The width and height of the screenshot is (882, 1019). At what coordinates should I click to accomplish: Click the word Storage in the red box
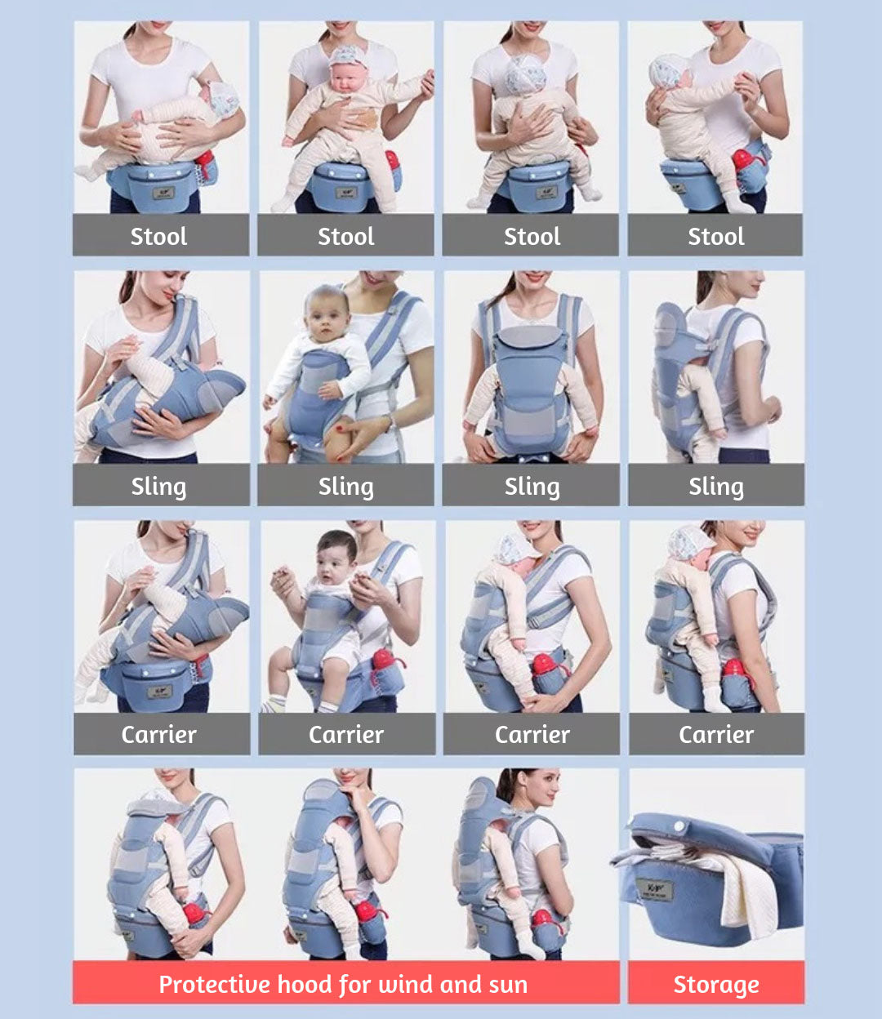tap(716, 985)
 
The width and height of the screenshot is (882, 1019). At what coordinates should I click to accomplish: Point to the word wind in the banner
tap(406, 984)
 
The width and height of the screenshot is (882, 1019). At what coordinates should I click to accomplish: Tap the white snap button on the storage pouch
tap(679, 826)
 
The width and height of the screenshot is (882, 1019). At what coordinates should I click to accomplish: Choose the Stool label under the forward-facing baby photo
tap(345, 237)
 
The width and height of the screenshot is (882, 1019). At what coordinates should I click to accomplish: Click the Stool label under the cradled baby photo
tap(158, 237)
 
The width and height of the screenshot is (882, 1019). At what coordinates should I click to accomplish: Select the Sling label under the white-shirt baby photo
tap(345, 487)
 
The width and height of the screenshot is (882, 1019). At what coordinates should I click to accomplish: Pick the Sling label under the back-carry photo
tap(716, 487)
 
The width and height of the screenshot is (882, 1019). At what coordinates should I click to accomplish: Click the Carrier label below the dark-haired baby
tap(346, 735)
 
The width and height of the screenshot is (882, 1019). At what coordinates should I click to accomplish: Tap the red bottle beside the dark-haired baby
tap(385, 661)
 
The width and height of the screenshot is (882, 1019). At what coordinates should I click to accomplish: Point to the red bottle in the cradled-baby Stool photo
tap(204, 158)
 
